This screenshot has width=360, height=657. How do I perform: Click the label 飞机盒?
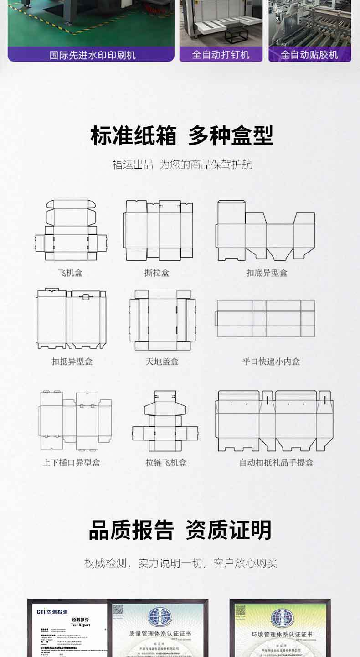click(70, 273)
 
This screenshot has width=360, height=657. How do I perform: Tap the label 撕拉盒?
click(157, 273)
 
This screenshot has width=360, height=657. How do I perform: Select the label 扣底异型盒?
click(267, 273)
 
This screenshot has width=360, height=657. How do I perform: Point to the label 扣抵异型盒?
click(72, 362)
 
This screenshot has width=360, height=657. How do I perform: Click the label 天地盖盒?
click(162, 362)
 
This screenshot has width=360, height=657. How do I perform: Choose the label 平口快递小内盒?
click(271, 362)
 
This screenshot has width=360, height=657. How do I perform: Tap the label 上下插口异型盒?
click(71, 463)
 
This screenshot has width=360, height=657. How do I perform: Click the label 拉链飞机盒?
click(166, 463)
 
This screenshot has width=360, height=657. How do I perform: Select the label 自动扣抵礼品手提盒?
click(277, 463)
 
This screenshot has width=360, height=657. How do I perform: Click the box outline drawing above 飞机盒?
click(71, 230)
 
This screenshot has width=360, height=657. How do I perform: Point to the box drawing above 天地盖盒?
click(163, 320)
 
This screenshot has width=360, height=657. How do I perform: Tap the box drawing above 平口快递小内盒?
click(265, 318)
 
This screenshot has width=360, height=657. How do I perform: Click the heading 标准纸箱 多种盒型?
click(182, 135)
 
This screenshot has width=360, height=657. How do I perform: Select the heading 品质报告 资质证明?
click(180, 530)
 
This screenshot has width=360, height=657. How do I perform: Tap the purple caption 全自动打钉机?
click(221, 55)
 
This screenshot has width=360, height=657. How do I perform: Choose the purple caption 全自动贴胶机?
click(309, 55)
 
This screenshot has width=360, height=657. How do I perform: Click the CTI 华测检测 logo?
click(52, 611)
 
